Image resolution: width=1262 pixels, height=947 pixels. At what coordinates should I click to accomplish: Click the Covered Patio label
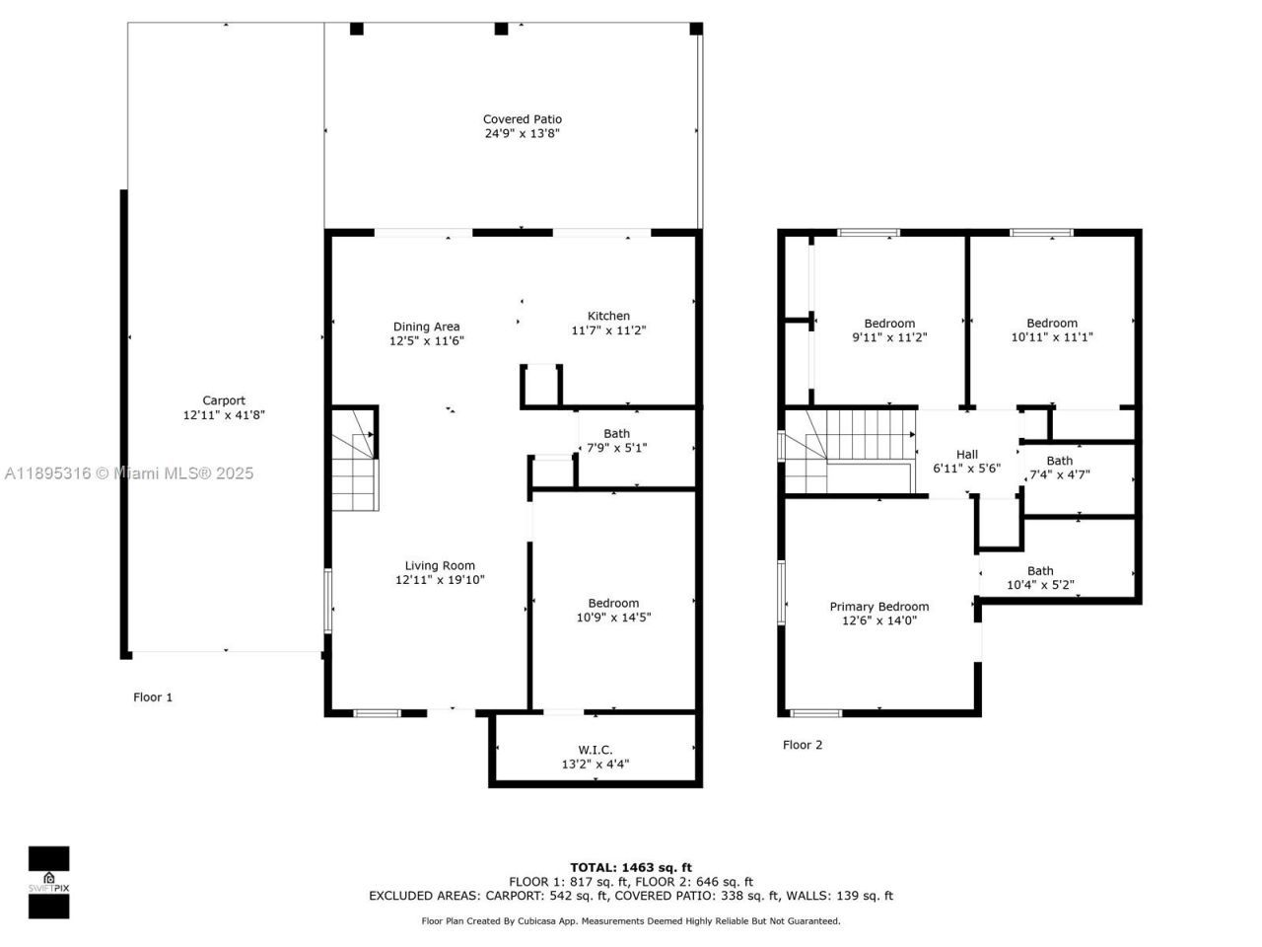522,119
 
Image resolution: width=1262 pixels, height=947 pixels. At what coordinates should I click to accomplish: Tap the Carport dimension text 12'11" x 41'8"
224,415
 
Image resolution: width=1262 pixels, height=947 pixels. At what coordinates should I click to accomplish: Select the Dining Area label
426,327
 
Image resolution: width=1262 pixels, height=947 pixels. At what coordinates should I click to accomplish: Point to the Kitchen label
608,316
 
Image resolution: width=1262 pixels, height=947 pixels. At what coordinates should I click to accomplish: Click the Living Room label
440,565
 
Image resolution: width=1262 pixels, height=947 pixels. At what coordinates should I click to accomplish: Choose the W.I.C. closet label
595,750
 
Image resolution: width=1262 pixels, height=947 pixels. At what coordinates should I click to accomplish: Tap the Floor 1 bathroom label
616,433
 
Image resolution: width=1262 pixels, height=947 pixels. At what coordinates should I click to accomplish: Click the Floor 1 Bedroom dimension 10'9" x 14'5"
613,618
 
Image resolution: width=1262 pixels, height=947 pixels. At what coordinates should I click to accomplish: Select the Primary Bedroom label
878,607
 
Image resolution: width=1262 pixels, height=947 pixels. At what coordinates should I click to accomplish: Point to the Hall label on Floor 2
966,455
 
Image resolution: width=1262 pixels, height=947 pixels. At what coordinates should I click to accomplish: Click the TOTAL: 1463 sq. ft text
630,867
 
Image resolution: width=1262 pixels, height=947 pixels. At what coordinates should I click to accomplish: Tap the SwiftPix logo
48,881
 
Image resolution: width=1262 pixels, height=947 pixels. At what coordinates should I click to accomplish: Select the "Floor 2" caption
802,745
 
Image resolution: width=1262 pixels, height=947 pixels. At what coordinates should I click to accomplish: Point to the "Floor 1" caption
153,697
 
